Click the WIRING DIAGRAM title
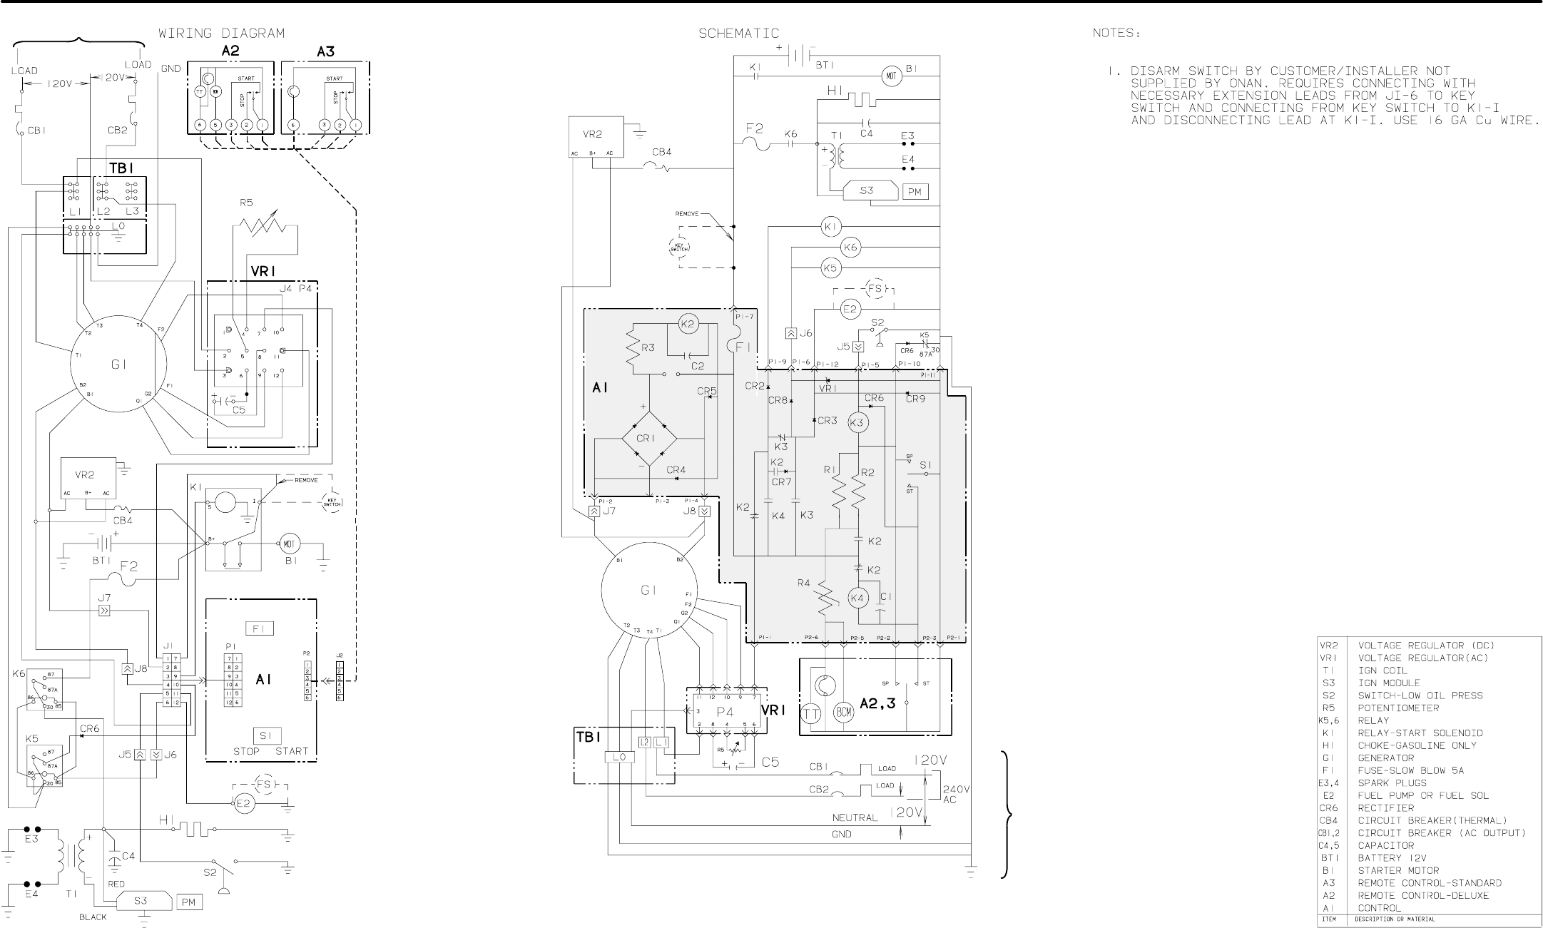pyautogui.click(x=221, y=34)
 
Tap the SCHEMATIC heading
pyautogui.click(x=738, y=34)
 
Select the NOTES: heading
pyautogui.click(x=1116, y=34)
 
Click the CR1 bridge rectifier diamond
pyautogui.click(x=646, y=438)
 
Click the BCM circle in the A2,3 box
pyautogui.click(x=844, y=713)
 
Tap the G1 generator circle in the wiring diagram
pyautogui.click(x=118, y=364)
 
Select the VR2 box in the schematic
pyautogui.click(x=596, y=137)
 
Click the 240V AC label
pyautogui.click(x=956, y=794)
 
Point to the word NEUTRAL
pyautogui.click(x=855, y=817)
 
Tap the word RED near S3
pyautogui.click(x=116, y=884)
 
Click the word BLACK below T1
pyautogui.click(x=93, y=917)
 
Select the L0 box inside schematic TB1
pyautogui.click(x=618, y=757)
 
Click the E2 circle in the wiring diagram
pyautogui.click(x=244, y=804)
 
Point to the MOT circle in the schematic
pyautogui.click(x=892, y=76)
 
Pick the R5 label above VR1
pyautogui.click(x=246, y=203)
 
